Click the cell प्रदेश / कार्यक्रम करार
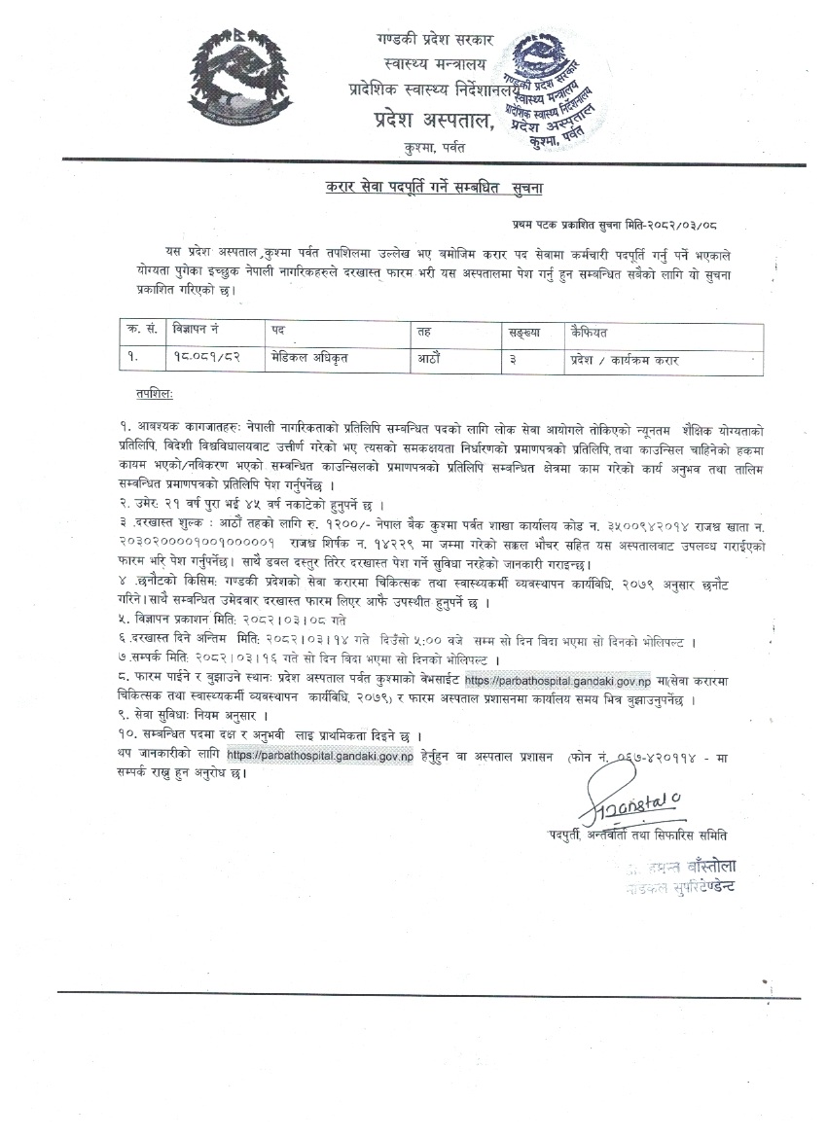point(625,359)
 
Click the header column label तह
point(424,331)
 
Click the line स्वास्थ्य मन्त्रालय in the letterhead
point(433,64)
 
